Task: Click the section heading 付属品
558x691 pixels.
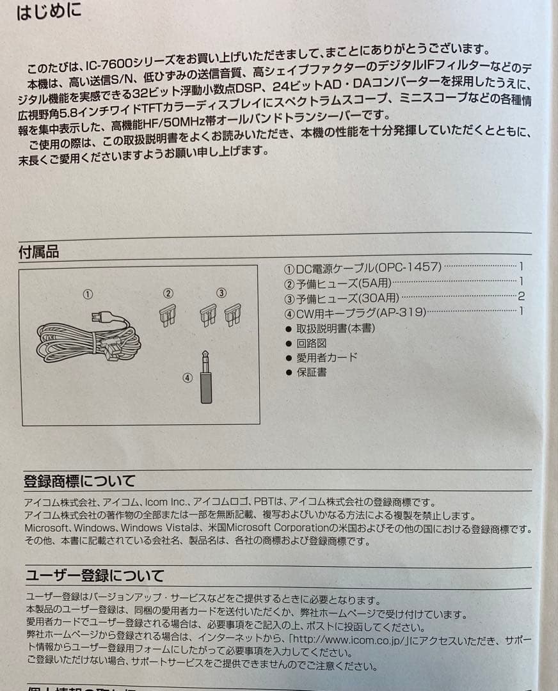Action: (38, 252)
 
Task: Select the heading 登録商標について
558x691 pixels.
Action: (79, 481)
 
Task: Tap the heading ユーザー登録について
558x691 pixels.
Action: (94, 576)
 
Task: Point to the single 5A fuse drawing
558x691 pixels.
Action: (168, 315)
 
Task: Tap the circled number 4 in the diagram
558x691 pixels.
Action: (187, 377)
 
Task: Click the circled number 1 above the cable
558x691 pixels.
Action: (88, 294)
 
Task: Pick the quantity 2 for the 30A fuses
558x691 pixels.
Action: (522, 297)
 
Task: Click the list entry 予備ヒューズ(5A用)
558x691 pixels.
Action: (343, 282)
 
